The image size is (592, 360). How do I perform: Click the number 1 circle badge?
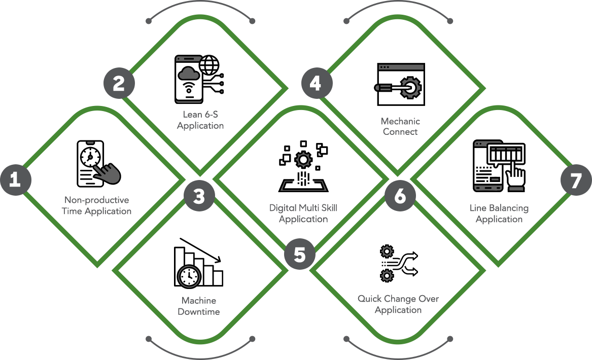pos(15,179)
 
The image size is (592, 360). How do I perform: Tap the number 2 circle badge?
pos(119,83)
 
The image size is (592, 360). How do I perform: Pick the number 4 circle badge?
pos(316,83)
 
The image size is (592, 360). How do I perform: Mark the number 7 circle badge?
pos(575,181)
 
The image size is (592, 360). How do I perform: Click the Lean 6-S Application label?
pos(200,120)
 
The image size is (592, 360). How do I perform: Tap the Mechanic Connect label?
pos(401,126)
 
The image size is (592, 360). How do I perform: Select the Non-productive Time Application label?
pos(96,205)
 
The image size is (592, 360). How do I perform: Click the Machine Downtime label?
pos(199,306)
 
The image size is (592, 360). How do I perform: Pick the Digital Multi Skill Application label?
pos(303,213)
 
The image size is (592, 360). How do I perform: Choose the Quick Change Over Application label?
pos(398,304)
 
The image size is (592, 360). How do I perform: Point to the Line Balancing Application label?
pos(499,213)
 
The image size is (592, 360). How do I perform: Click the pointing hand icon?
pos(107,171)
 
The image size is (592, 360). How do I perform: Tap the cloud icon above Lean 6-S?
pos(189,74)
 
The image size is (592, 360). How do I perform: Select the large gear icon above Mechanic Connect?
pos(410,87)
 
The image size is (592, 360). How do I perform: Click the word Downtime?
pos(199,312)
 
